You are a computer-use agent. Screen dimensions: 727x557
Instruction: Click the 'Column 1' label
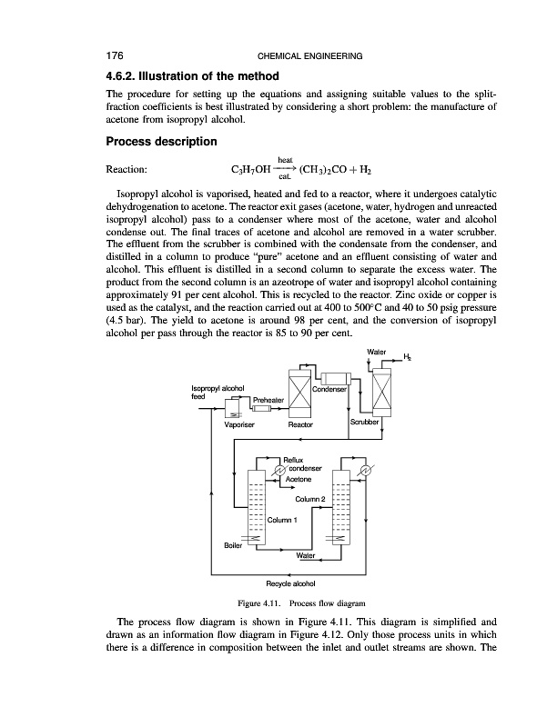tap(283, 520)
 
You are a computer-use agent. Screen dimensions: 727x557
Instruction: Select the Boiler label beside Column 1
tap(233, 543)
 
